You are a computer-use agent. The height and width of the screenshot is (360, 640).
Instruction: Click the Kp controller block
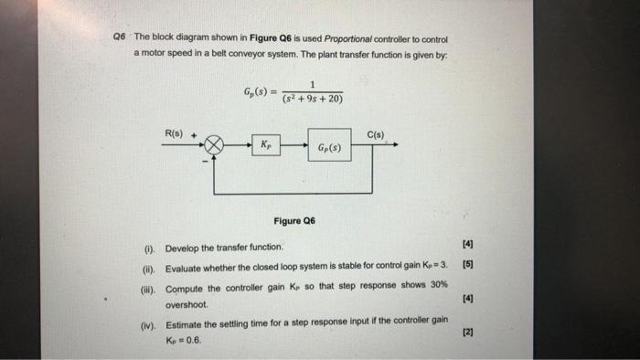click(265, 145)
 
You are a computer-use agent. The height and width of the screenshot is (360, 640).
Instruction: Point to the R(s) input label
click(175, 133)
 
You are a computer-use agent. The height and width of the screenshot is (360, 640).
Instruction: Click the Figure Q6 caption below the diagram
click(293, 220)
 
